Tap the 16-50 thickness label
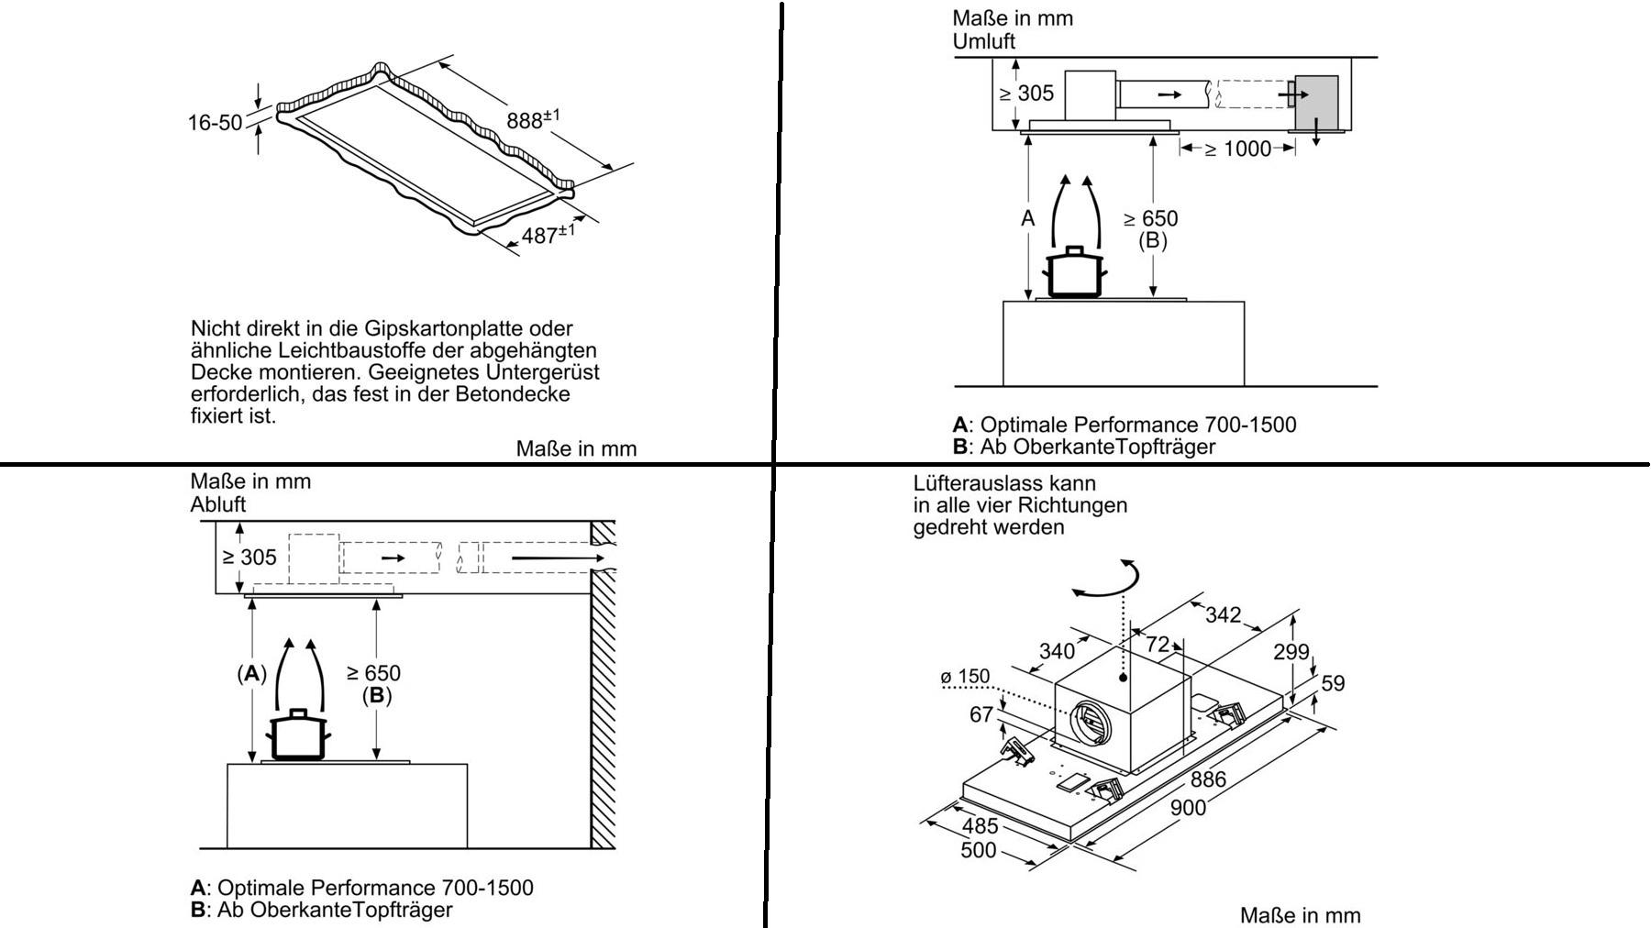point(215,122)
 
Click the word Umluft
point(983,41)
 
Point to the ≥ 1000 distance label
point(1237,149)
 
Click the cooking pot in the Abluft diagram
point(297,735)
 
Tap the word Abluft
point(218,504)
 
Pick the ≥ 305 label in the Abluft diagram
point(249,558)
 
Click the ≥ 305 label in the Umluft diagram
point(1026,94)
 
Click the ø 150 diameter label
point(965,677)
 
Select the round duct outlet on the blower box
point(1091,721)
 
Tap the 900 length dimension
point(1188,809)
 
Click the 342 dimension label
point(1222,615)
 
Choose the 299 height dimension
point(1291,652)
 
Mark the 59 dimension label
point(1333,683)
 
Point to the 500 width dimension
point(978,850)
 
